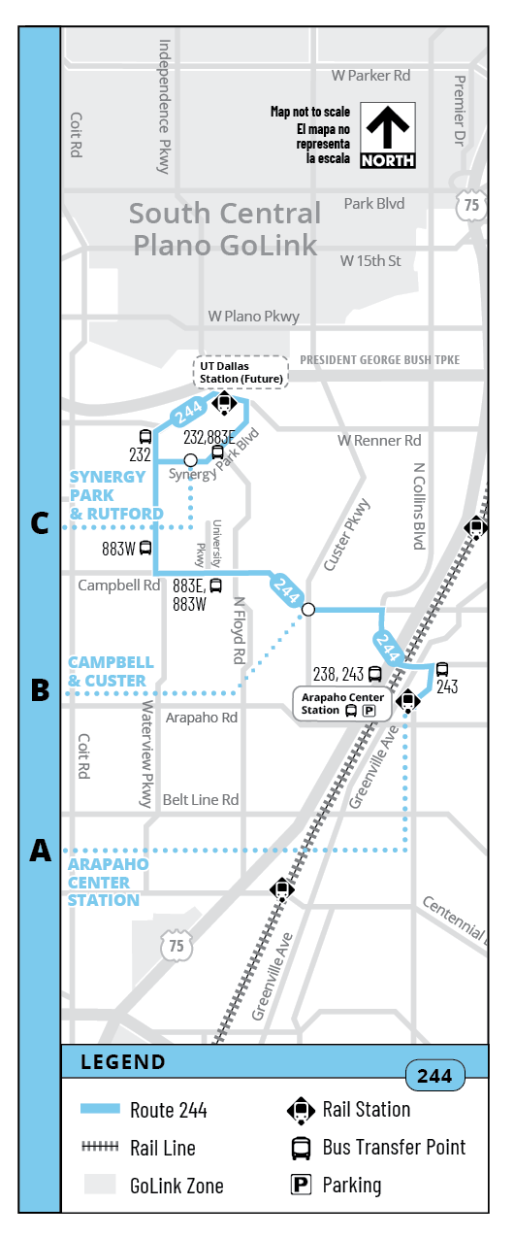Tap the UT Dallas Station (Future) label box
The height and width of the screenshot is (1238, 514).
click(241, 373)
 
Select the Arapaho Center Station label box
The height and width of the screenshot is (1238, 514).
click(342, 704)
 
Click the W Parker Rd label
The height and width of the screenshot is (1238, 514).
click(370, 75)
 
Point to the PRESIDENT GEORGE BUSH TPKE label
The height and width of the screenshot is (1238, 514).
click(380, 360)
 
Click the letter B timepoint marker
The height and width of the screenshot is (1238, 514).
click(40, 689)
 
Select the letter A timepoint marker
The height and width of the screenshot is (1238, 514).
click(41, 850)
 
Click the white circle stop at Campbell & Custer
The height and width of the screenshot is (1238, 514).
click(308, 610)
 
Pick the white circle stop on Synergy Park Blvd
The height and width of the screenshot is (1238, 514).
click(190, 460)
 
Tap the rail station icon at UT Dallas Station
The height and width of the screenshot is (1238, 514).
click(224, 402)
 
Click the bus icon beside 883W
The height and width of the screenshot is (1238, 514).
click(145, 548)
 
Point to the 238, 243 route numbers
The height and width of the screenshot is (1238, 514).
click(338, 674)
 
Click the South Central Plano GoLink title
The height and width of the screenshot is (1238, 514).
click(225, 229)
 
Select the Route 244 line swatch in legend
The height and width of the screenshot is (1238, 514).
click(100, 1108)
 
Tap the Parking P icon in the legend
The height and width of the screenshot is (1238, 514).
click(301, 1185)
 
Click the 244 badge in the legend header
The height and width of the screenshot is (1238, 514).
click(435, 1076)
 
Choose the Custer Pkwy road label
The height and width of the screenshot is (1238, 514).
click(347, 534)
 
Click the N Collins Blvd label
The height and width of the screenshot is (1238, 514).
click(419, 506)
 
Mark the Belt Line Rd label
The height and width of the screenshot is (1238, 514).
click(201, 800)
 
